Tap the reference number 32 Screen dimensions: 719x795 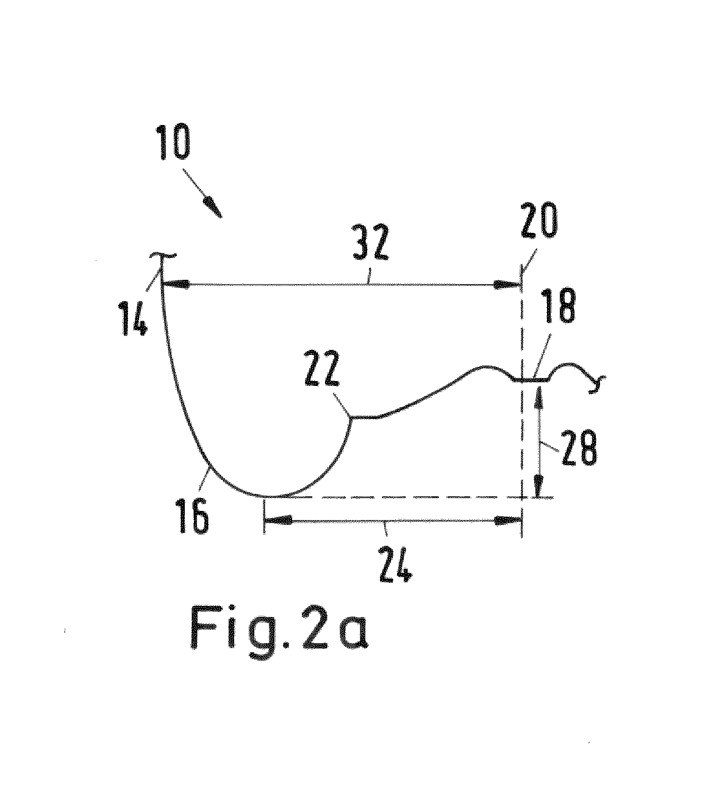tap(370, 243)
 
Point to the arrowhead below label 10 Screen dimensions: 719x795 tap(213, 207)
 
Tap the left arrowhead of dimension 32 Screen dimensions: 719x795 tap(175, 283)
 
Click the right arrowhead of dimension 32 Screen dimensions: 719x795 tap(506, 284)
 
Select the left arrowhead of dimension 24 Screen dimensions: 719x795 tap(278, 520)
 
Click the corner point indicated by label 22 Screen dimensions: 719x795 tap(352, 416)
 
